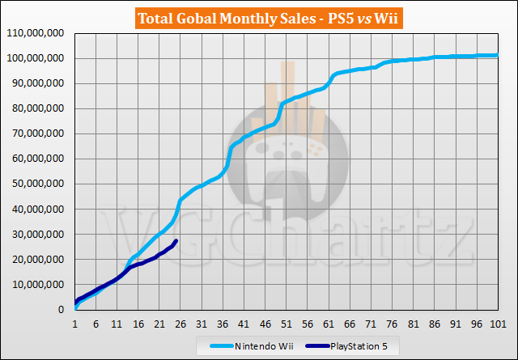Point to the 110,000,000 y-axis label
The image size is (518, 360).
36,33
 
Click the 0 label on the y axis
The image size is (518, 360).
61,310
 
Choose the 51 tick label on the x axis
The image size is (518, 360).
286,324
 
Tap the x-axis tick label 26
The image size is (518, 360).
180,324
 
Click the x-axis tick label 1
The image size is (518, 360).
74,324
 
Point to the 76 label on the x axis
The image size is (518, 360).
392,324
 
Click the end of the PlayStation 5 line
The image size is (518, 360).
176,240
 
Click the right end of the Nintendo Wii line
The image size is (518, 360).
497,55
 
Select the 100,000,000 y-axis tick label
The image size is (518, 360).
36,58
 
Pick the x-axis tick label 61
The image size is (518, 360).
329,324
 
